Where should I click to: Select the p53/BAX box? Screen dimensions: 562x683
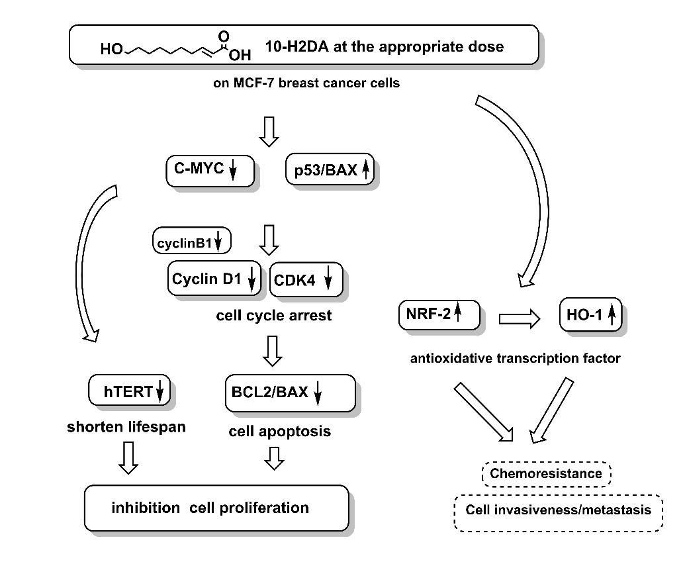330,171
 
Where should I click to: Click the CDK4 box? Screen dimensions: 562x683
306,280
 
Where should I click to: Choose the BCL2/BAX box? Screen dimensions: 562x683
290,392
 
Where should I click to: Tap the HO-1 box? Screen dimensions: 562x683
590,315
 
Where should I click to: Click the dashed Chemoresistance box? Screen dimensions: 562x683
546,473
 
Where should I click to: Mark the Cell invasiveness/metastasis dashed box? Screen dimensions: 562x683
558,510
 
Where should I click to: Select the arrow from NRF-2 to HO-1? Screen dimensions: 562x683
520,319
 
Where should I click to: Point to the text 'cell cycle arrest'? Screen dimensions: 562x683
274,316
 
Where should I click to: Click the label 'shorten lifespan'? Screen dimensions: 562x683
126,427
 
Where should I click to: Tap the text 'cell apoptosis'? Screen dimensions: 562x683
279,432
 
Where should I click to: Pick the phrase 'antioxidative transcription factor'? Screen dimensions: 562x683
515,359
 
